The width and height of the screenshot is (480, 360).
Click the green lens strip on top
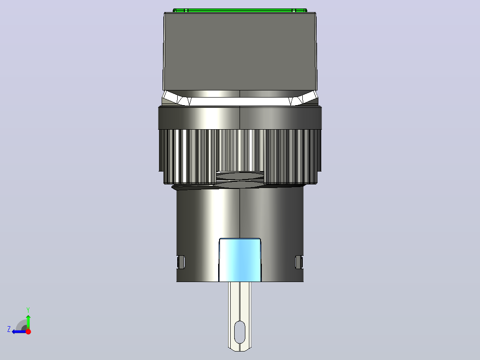240,10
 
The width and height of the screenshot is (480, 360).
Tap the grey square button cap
240,52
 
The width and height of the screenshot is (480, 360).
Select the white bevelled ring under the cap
240,98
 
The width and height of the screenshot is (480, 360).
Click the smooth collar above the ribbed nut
240,118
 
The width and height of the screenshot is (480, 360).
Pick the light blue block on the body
240,260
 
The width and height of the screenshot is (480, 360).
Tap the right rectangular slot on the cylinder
299,262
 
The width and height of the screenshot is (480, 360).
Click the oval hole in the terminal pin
240,332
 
